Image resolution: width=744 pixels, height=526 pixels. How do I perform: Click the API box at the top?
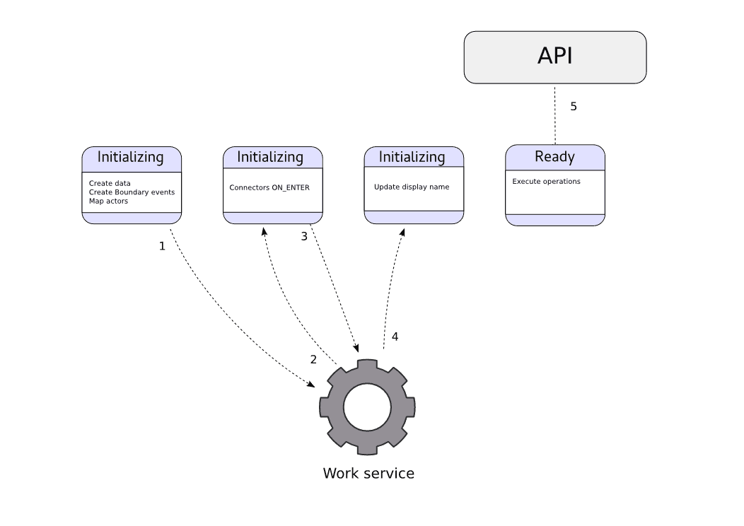pos(555,57)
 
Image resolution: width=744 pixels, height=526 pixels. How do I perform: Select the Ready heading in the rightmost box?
pos(554,157)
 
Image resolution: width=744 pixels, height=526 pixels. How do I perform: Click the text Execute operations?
pos(546,182)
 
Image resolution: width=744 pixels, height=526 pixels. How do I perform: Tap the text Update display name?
pos(412,187)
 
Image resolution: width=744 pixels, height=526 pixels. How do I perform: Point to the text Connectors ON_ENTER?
pos(269,188)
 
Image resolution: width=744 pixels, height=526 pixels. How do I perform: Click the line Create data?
pos(110,184)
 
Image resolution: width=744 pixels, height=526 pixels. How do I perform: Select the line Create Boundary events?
pos(132,192)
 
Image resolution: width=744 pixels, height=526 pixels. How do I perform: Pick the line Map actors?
pos(108,201)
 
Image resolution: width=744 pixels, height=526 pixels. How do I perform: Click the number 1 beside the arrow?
pos(162,247)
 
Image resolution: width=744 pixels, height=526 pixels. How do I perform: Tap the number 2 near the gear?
pos(313,359)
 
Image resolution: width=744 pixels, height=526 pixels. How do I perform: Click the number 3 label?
pos(304,237)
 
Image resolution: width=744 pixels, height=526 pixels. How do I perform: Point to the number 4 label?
pos(395,337)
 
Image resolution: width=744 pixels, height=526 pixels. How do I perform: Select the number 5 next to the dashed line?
pos(574,107)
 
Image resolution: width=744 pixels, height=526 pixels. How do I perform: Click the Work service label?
pos(368,473)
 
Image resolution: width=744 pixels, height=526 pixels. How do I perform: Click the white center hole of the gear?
pos(367,407)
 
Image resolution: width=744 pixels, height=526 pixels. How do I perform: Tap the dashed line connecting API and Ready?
pos(555,117)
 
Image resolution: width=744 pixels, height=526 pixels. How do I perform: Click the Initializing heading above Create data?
pos(130,157)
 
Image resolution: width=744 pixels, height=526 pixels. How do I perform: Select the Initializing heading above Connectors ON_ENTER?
pos(270,157)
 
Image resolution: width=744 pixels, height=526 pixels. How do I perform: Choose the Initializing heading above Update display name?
pos(412,157)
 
